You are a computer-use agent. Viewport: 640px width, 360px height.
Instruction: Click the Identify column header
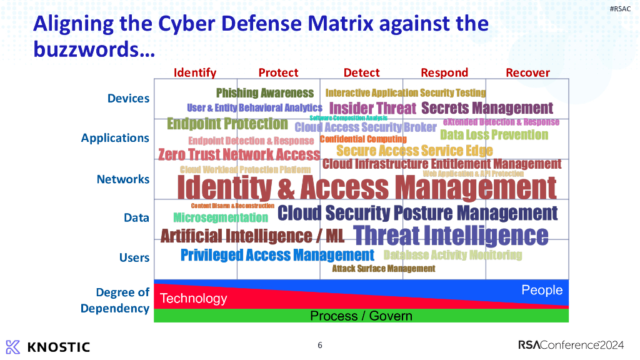click(x=195, y=72)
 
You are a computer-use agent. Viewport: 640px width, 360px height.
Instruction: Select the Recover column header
click(x=527, y=72)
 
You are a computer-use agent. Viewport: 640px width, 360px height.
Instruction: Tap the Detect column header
click(x=361, y=72)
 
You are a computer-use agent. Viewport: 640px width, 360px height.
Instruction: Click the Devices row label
click(x=128, y=98)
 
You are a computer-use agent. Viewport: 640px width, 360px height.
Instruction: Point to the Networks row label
click(x=123, y=179)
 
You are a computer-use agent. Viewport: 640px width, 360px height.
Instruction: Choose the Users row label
click(x=134, y=257)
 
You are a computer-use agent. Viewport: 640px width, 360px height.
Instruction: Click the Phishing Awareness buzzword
click(x=265, y=93)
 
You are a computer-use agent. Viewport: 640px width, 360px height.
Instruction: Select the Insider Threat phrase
click(x=372, y=108)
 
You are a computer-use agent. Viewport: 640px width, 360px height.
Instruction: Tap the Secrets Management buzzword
click(x=487, y=108)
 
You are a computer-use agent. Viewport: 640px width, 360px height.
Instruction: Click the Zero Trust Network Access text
click(x=239, y=154)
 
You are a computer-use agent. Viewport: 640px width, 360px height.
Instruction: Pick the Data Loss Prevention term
click(x=494, y=134)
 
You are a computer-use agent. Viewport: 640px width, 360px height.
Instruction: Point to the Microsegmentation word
click(x=221, y=217)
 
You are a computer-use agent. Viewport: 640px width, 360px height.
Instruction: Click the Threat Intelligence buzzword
click(x=451, y=236)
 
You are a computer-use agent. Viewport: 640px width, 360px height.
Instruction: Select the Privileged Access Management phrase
click(x=277, y=255)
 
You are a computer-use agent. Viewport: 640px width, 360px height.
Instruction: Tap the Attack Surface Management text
click(x=383, y=269)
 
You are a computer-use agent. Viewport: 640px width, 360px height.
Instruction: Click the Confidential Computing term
click(x=363, y=139)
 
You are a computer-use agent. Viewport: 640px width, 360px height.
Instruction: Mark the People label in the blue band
click(x=542, y=290)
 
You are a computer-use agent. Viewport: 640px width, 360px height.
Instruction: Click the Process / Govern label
click(x=361, y=316)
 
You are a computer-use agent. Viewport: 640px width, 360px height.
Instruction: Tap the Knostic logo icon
click(x=13, y=347)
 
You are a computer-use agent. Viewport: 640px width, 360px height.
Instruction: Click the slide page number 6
click(x=320, y=345)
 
